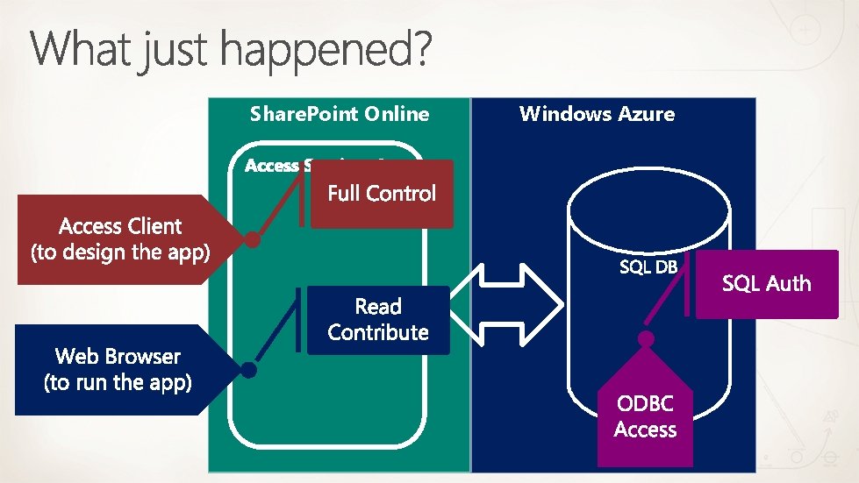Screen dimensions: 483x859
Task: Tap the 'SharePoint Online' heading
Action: [340, 114]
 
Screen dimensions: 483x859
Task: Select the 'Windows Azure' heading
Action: [597, 113]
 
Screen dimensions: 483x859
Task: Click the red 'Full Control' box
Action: [382, 194]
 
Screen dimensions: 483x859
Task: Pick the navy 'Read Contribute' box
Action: [378, 320]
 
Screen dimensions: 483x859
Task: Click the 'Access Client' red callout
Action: [120, 239]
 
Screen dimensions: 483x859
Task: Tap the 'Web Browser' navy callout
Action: [118, 369]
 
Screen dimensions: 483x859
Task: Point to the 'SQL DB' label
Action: [648, 267]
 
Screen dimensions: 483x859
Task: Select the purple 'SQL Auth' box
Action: [766, 283]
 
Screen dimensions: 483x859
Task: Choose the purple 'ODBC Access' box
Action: [645, 417]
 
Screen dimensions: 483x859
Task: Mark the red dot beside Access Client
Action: [253, 239]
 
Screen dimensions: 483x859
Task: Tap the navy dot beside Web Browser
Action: [249, 370]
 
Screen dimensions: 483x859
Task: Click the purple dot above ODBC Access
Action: [647, 338]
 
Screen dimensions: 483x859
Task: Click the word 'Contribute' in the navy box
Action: [378, 332]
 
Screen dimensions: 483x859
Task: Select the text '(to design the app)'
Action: [120, 252]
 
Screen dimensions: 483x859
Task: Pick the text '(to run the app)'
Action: [118, 382]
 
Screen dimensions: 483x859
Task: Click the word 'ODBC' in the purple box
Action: [645, 404]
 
